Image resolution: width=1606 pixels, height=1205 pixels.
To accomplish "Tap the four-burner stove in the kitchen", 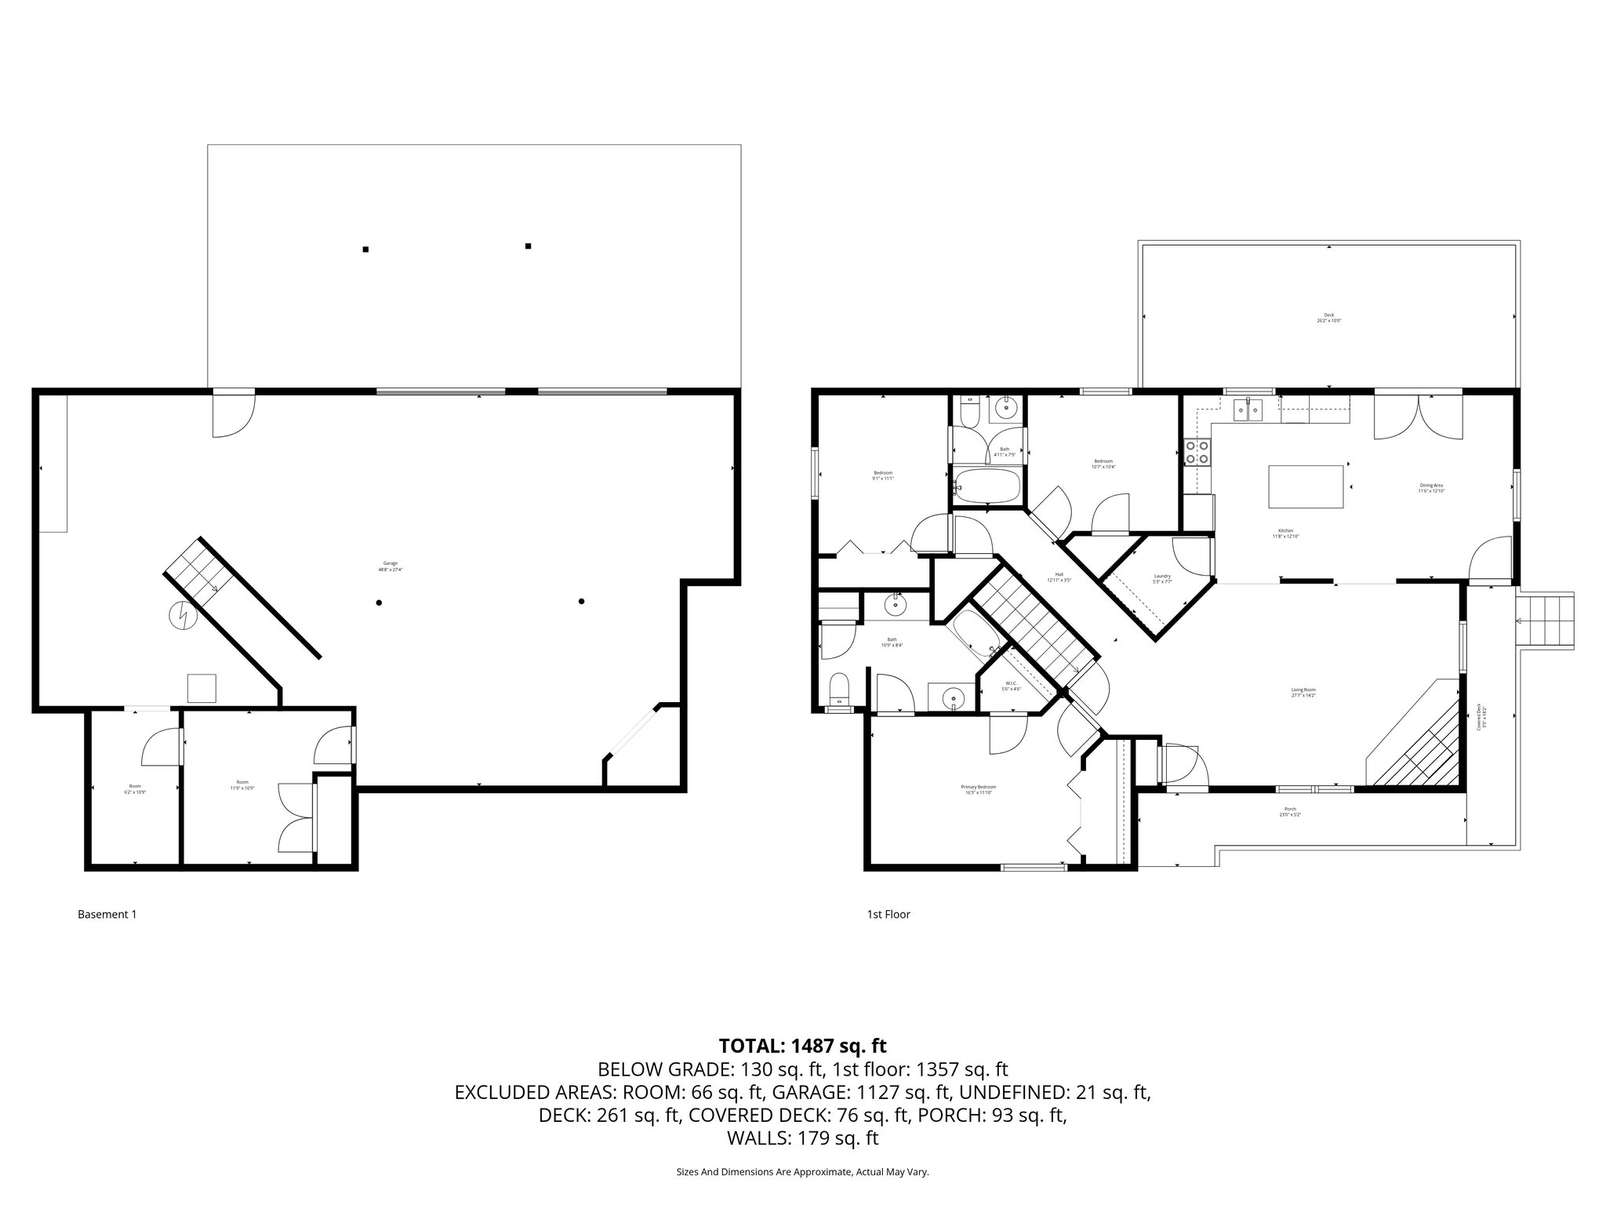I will pyautogui.click(x=1197, y=453).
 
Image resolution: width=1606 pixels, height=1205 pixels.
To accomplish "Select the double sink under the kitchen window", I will pyautogui.click(x=1248, y=410).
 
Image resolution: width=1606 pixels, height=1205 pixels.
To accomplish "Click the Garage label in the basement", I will pyautogui.click(x=391, y=566).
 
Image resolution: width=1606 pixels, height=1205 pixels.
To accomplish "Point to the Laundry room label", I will pyautogui.click(x=1162, y=578).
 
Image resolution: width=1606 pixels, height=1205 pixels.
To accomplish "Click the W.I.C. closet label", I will pyautogui.click(x=1013, y=686).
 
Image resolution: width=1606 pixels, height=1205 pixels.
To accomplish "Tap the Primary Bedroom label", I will pyautogui.click(x=978, y=789).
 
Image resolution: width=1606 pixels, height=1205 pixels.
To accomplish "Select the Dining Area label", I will pyautogui.click(x=1431, y=487).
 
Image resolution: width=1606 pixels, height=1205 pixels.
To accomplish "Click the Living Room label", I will pyautogui.click(x=1303, y=692).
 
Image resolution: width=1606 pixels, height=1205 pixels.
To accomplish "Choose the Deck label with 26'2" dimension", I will pyautogui.click(x=1328, y=318).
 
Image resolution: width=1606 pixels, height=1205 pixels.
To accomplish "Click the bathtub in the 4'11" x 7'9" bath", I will pyautogui.click(x=986, y=486).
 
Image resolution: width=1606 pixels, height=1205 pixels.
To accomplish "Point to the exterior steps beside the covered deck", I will pyautogui.click(x=1546, y=621).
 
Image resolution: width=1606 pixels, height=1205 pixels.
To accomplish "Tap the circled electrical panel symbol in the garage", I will pyautogui.click(x=183, y=616).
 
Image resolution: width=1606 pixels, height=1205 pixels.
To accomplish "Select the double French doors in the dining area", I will pyautogui.click(x=1418, y=417).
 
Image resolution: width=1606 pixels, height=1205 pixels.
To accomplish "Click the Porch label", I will pyautogui.click(x=1290, y=811).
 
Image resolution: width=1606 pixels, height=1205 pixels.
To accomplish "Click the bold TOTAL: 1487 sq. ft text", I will pyautogui.click(x=802, y=1046).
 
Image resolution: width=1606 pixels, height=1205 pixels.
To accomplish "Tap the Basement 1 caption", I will pyautogui.click(x=107, y=914).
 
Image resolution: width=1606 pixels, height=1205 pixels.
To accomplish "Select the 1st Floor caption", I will pyautogui.click(x=888, y=914).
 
